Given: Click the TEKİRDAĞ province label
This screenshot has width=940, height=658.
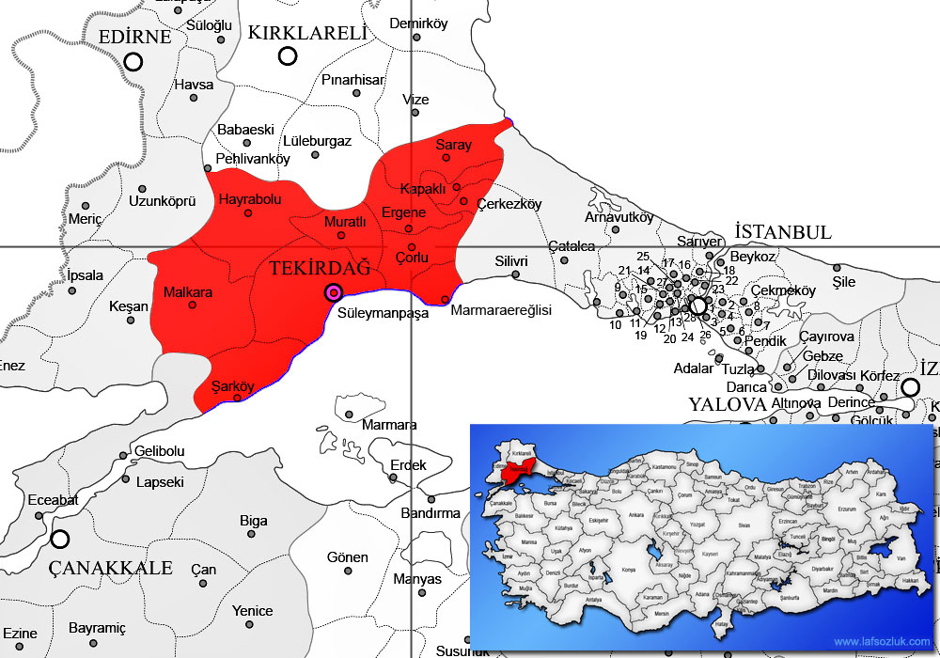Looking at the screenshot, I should [320, 269].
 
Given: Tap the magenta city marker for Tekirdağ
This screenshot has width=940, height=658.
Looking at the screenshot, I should [333, 293].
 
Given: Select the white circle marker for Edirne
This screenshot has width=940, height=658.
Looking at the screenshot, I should [133, 62].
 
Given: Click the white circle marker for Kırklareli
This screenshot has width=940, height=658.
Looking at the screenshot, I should [288, 55].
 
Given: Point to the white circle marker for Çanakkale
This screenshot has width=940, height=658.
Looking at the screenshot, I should [60, 540].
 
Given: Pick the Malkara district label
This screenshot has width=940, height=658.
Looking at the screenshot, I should [188, 292].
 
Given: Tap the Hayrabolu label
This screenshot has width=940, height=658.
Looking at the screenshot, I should [249, 199].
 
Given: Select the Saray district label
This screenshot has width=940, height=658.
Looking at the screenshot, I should [453, 146].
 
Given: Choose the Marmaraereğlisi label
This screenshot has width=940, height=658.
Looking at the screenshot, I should [501, 310].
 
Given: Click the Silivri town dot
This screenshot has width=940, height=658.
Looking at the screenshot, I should [516, 275].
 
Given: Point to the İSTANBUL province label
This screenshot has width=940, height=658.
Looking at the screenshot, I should [783, 232].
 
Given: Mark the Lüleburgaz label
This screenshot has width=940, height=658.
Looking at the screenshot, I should [316, 141].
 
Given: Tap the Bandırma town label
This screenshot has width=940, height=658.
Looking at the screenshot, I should [431, 513].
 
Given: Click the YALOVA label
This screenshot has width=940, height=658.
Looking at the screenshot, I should [728, 404].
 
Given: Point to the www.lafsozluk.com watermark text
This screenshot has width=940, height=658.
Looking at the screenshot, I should [881, 642].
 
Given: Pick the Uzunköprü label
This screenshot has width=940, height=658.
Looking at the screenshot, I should [161, 201].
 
